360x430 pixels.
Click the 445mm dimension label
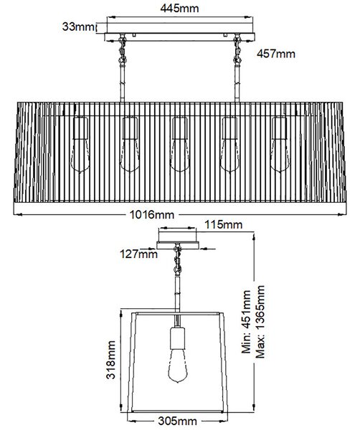(x=179, y=8)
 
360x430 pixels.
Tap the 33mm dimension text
(x=78, y=27)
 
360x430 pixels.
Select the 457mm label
(x=276, y=54)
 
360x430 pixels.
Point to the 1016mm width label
(x=152, y=214)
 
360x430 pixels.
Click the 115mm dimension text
(x=223, y=224)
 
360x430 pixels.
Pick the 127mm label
(x=138, y=254)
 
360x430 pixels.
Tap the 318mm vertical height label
(x=111, y=360)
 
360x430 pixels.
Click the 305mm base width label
(x=178, y=421)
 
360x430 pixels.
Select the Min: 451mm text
(x=246, y=321)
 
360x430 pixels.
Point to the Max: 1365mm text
(x=260, y=322)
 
